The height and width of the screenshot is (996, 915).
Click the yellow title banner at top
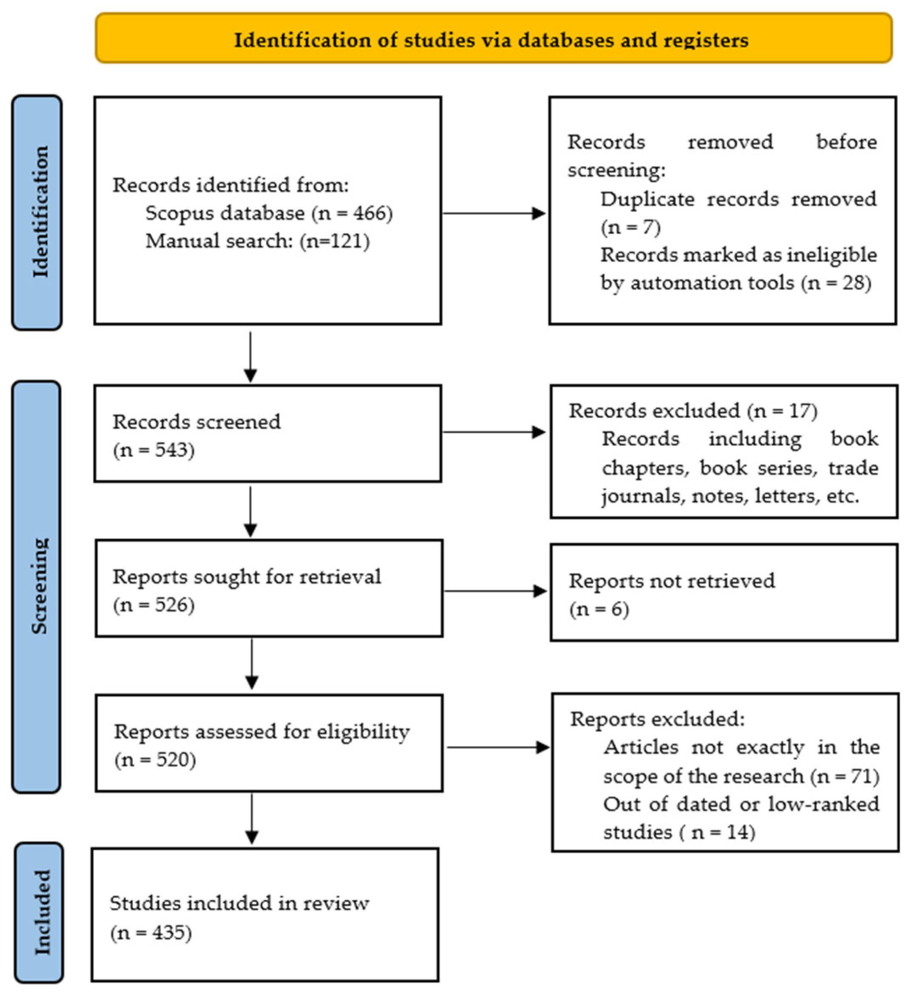point(493,39)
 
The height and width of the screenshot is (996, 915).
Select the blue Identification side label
point(38,213)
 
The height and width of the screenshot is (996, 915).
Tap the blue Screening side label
point(38,586)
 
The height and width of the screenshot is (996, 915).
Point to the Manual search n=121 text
point(335,242)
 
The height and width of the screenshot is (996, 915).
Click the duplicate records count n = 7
point(631,227)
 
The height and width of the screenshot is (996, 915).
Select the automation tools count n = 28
point(837,283)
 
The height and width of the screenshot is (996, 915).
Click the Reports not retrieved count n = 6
point(599,609)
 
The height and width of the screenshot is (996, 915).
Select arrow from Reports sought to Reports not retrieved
point(495,591)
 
